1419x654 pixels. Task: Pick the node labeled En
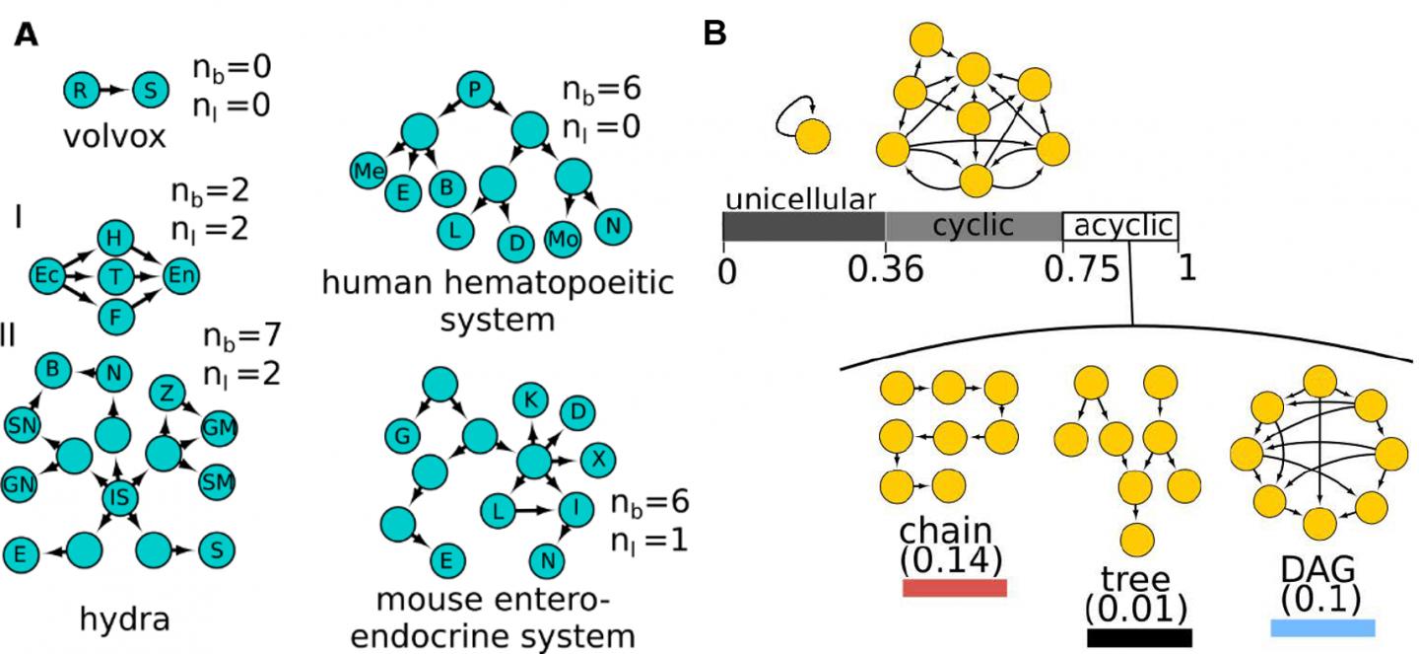[x=179, y=272]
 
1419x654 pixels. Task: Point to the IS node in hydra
[x=118, y=499]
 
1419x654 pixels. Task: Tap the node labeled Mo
[x=563, y=239]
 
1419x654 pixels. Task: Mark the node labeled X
[x=597, y=459]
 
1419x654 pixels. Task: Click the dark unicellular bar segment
[x=803, y=228]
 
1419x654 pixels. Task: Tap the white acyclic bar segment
[x=1120, y=227]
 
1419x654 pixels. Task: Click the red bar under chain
[x=954, y=588]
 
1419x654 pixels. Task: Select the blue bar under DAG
[x=1322, y=628]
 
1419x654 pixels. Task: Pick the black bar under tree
[x=1139, y=637]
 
